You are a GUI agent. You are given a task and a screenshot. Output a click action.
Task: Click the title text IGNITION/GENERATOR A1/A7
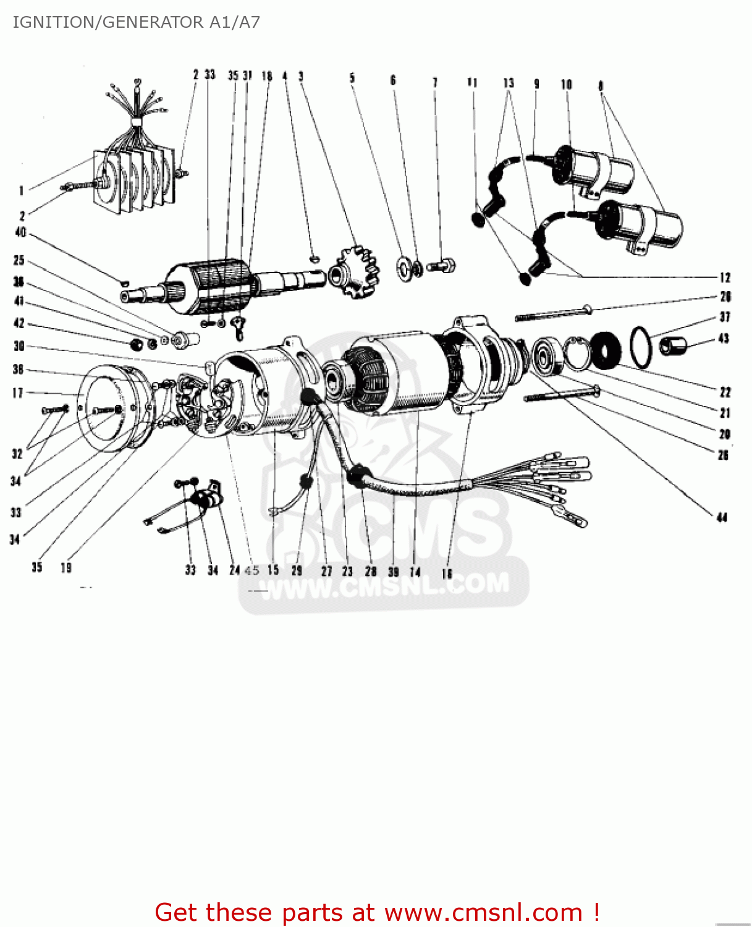136,22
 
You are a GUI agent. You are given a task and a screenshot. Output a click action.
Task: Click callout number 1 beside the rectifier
21,191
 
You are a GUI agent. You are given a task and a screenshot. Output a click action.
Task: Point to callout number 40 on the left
20,232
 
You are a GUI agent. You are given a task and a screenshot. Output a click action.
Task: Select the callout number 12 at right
725,277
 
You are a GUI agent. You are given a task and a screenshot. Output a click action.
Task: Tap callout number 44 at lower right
722,517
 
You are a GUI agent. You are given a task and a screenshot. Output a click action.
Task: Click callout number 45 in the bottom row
252,570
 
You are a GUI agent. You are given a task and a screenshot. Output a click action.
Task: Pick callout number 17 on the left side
17,393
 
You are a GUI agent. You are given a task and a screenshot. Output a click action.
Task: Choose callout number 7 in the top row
435,82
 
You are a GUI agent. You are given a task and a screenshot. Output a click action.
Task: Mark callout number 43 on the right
724,339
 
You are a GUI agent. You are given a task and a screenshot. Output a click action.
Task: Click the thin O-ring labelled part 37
641,347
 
